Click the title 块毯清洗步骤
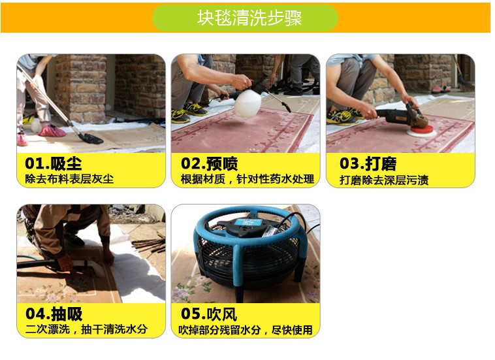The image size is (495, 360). pos(249,18)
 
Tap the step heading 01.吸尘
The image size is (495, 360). pos(54,163)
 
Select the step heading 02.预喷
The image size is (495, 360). pos(209,163)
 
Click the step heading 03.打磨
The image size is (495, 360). pos(368,163)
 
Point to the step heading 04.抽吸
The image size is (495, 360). pos(54,314)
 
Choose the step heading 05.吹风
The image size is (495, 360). pos(209,314)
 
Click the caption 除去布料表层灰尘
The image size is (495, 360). pos(69,179)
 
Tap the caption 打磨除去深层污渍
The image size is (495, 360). pos(384,180)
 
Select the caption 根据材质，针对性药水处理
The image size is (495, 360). pos(248,179)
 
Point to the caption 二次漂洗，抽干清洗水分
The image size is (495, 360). pos(86,329)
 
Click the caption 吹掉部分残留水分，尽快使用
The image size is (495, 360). pos(246,330)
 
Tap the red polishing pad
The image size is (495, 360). pos(421,131)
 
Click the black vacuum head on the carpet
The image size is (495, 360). pos(91,139)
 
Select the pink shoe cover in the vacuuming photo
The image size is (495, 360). pos(52,131)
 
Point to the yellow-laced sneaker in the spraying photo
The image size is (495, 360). pos(195,109)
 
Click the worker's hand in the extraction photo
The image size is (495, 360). pos(65,263)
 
